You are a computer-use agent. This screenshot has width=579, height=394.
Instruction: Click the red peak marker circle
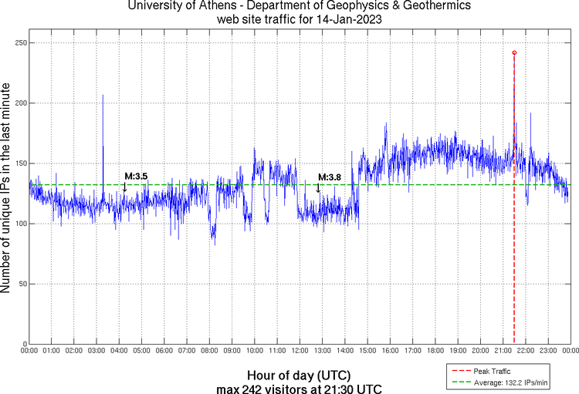[x=514, y=52]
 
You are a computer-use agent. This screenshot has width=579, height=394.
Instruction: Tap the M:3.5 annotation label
[x=136, y=177]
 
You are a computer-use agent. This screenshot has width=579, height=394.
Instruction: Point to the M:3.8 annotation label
[x=330, y=177]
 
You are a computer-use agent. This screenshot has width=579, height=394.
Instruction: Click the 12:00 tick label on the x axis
[x=300, y=352]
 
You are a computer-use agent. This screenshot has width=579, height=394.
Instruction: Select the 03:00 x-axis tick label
[x=96, y=352]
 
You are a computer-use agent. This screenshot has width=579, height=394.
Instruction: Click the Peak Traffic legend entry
[x=498, y=371]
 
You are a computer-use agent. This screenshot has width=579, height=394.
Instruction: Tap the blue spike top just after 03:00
[x=103, y=95]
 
